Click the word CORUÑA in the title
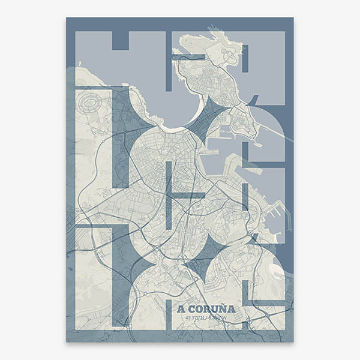tap(211, 309)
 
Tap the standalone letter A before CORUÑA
tap(181, 309)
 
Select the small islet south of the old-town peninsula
tap(257, 145)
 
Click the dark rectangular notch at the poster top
tap(121, 40)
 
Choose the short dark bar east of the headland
tap(245, 56)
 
